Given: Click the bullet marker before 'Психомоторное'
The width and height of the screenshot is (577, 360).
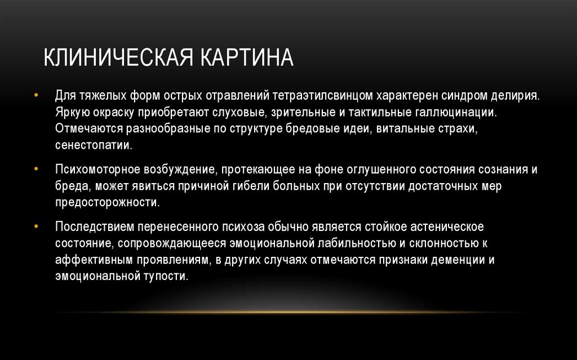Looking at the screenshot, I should click(37, 168).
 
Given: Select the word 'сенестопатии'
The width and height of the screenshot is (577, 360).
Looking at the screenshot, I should click(94, 145).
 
